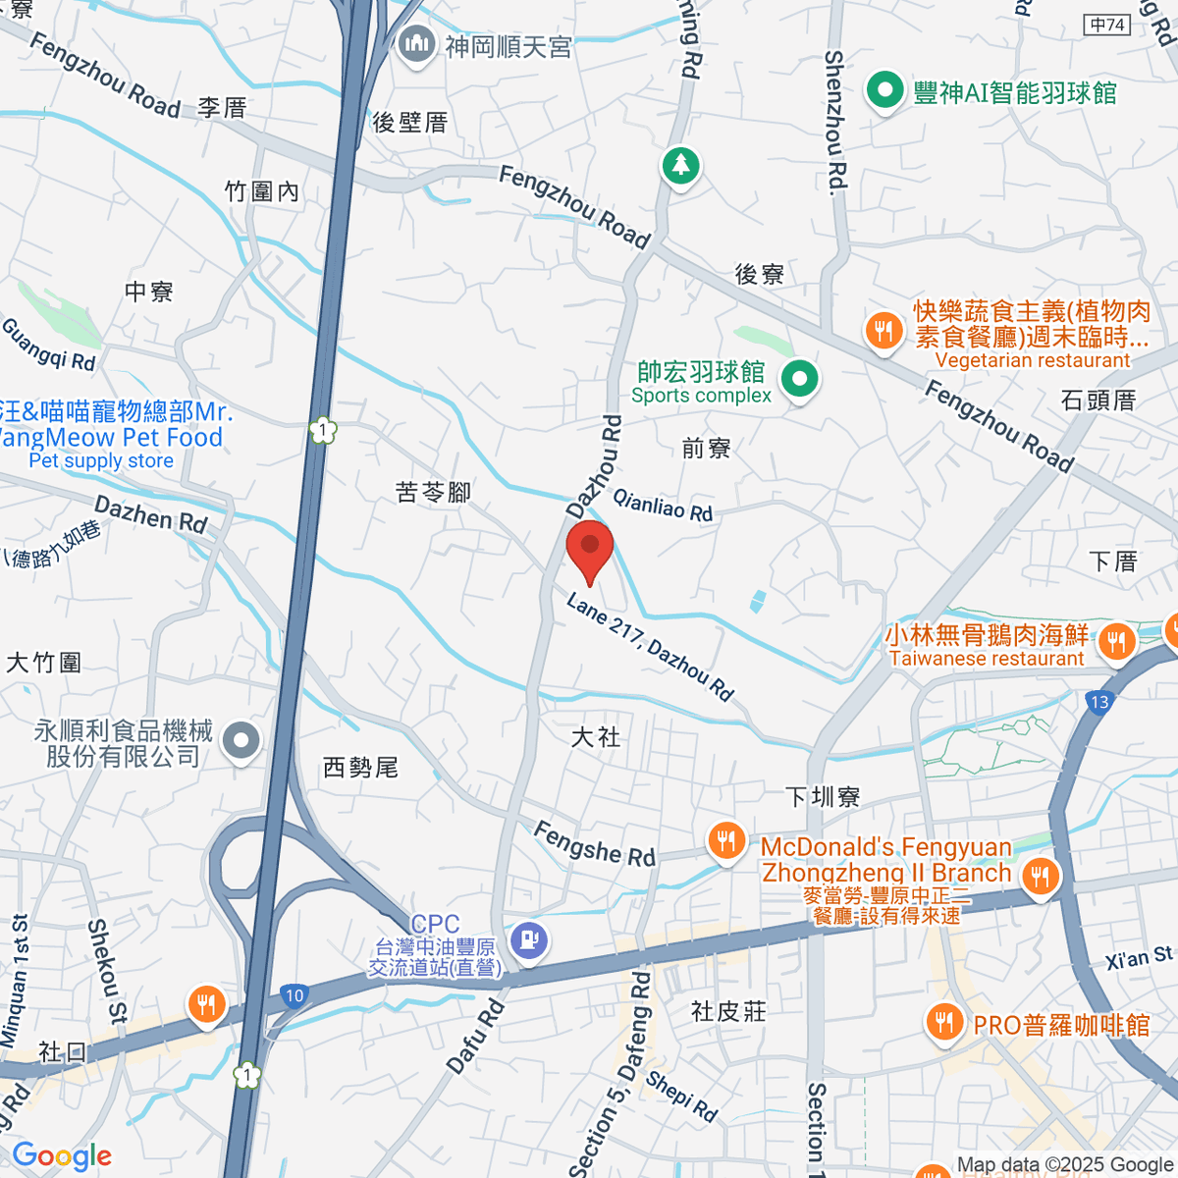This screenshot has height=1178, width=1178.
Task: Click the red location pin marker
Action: (x=590, y=550)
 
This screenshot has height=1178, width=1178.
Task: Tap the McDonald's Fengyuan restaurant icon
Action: (x=725, y=842)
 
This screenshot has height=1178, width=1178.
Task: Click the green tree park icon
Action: (x=680, y=165)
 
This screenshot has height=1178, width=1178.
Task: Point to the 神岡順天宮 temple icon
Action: (x=417, y=44)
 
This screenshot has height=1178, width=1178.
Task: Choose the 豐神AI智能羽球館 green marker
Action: (x=884, y=92)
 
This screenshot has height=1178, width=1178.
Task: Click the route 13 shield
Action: (x=1099, y=702)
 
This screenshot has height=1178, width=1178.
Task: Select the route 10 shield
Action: (x=294, y=995)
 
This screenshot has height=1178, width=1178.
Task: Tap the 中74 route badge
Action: (x=1108, y=25)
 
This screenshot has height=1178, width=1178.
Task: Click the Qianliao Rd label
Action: (x=663, y=505)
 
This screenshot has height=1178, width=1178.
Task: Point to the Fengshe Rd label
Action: (x=594, y=843)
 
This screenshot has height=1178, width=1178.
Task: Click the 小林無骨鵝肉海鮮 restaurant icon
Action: (x=1116, y=644)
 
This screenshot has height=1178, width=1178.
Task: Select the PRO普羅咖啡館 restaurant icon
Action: (x=943, y=1023)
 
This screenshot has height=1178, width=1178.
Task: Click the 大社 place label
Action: (x=596, y=736)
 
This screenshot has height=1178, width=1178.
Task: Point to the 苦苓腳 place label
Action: (x=433, y=492)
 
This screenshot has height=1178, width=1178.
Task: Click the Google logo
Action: (x=62, y=1156)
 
